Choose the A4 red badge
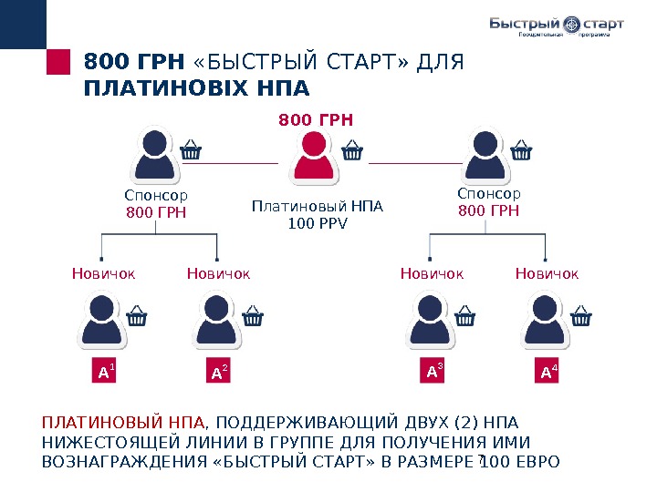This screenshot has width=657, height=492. (x=547, y=372)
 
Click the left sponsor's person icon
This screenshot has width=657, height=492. (x=156, y=157)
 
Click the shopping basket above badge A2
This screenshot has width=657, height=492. (x=253, y=316)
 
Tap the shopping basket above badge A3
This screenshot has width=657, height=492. (x=464, y=316)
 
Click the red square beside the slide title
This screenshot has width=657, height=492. (x=58, y=63)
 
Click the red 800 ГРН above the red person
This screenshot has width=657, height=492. (x=316, y=119)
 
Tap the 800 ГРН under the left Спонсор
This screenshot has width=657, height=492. (x=156, y=213)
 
